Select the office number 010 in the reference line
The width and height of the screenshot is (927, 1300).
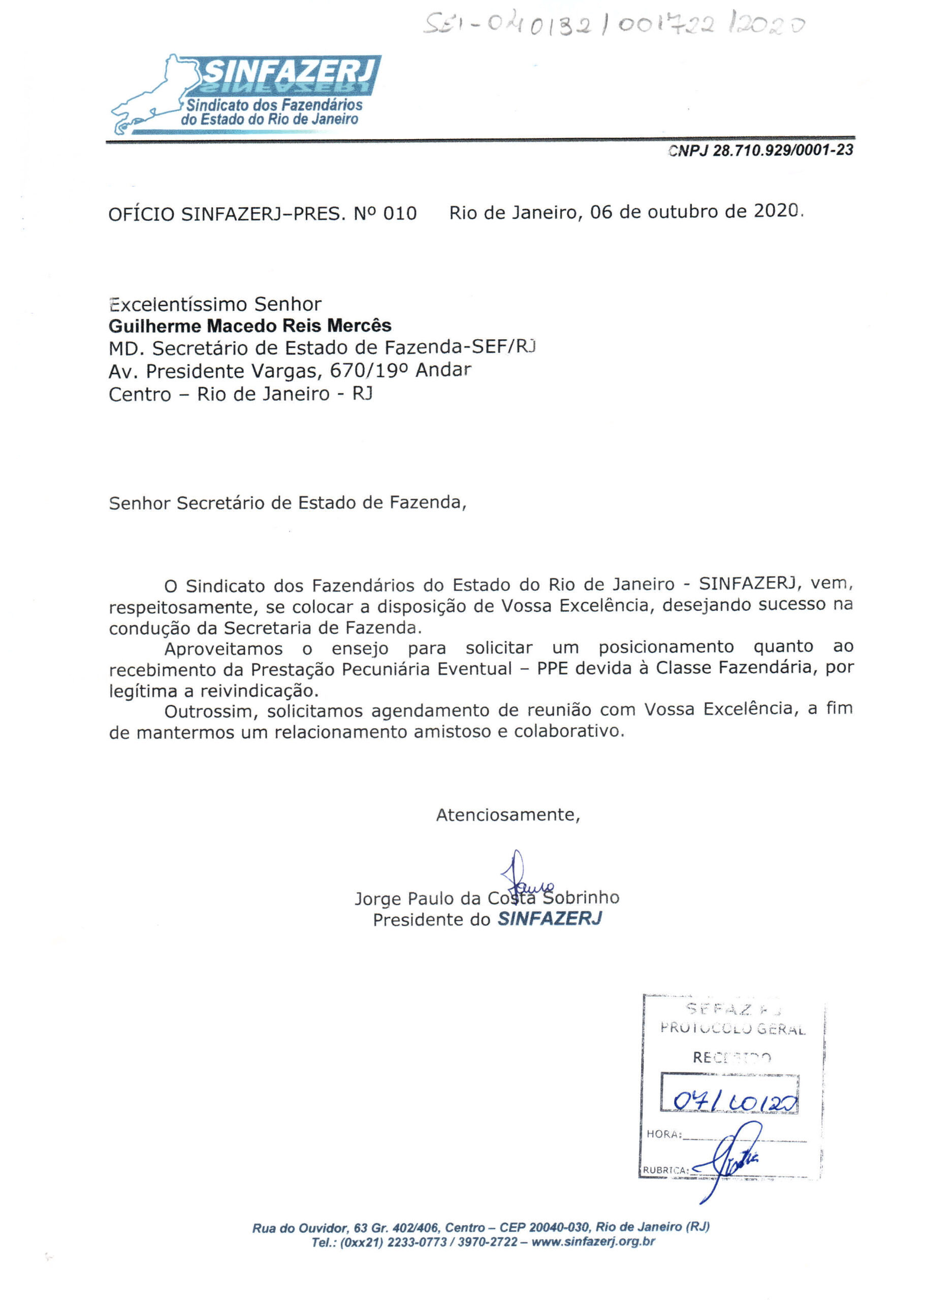[x=400, y=213]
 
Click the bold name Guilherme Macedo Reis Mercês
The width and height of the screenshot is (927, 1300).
[x=250, y=326]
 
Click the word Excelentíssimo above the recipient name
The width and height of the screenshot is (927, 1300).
[x=178, y=304]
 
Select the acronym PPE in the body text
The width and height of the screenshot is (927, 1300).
[x=552, y=668]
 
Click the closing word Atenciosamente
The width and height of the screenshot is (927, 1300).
[x=507, y=815]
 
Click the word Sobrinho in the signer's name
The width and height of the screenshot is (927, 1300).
[x=581, y=898]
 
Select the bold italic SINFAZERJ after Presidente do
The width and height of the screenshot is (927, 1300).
[x=550, y=919]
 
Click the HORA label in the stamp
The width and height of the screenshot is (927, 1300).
[x=663, y=1134]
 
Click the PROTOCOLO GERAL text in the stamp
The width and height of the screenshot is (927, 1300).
[x=732, y=1029]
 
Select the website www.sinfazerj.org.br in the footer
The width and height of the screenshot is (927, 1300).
[x=593, y=1242]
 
